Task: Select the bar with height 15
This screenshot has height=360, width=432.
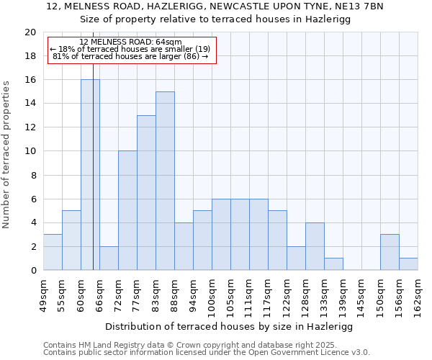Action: tap(165, 181)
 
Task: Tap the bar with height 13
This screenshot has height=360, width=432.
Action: tap(146, 193)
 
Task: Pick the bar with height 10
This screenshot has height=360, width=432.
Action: tap(127, 210)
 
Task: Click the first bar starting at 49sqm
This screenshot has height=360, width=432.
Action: tap(53, 252)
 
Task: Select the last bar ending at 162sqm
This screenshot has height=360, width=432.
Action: tap(408, 264)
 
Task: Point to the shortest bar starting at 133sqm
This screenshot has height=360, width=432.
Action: tap(333, 264)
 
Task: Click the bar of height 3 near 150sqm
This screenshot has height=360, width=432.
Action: tap(390, 252)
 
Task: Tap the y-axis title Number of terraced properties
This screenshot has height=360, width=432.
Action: tap(7, 155)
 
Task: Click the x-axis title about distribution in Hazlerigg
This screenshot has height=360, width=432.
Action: tap(230, 326)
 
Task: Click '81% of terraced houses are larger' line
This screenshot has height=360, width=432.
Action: tap(130, 56)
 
